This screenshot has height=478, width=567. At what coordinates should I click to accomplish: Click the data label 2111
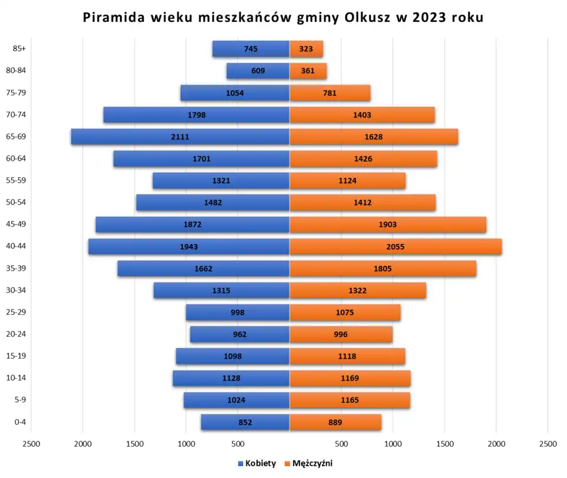[180, 136]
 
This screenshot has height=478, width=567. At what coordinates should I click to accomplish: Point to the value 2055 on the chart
[395, 246]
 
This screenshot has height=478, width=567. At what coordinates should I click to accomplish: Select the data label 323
[306, 49]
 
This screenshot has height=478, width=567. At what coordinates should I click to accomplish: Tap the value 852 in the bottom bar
[245, 422]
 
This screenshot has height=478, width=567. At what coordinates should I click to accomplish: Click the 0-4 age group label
[19, 422]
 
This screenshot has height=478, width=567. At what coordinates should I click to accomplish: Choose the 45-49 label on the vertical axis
[17, 225]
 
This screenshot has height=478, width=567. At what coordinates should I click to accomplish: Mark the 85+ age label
[19, 49]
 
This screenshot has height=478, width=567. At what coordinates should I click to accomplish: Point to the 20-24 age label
[17, 334]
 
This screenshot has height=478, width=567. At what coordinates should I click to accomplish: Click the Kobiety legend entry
[257, 464]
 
